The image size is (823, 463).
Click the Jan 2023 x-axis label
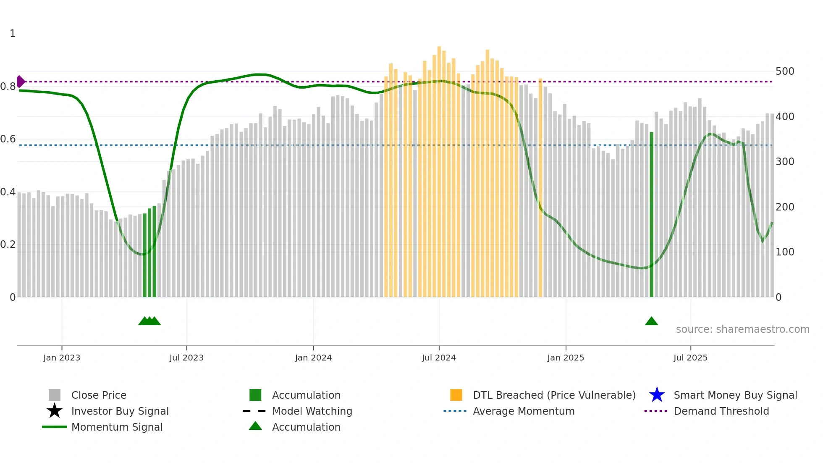click(61, 358)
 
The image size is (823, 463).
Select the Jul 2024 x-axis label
click(439, 358)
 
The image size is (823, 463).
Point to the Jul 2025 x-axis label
click(690, 358)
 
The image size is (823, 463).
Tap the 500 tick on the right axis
click(785, 71)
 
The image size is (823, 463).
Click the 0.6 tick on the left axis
click(8, 139)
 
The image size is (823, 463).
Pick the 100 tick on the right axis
click(785, 252)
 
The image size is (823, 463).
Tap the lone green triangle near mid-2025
click(651, 321)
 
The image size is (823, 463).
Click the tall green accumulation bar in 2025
click(651, 214)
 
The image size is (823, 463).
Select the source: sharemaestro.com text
click(742, 329)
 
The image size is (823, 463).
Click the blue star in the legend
click(657, 395)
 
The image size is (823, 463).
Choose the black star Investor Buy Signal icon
click(55, 411)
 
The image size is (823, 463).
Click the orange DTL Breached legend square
click(456, 395)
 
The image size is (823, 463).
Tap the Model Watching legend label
click(312, 411)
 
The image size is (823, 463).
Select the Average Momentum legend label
click(524, 411)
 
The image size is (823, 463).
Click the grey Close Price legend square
click(55, 395)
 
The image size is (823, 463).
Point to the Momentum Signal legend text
click(117, 427)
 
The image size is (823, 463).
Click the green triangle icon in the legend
click(255, 426)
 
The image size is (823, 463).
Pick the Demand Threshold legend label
click(721, 411)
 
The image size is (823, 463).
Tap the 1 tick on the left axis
click(13, 34)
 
